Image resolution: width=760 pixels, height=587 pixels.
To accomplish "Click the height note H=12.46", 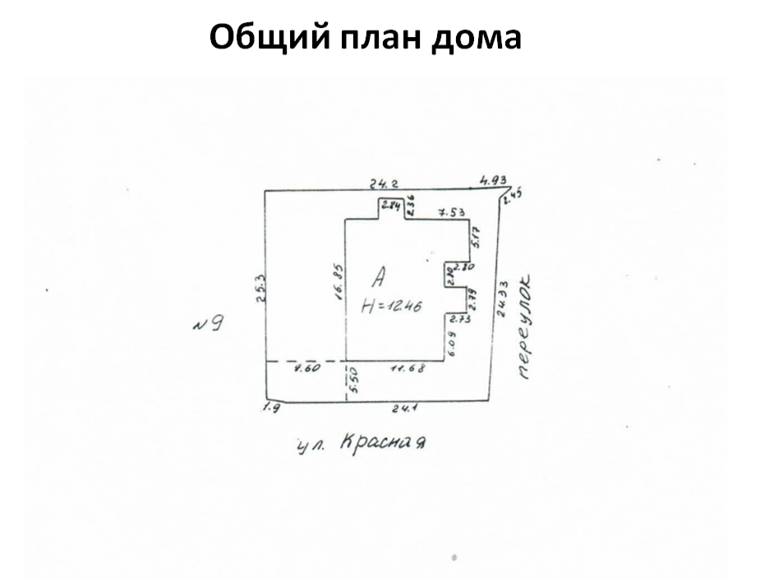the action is point(392,306).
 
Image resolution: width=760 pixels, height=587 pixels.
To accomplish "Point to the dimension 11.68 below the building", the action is point(407,368).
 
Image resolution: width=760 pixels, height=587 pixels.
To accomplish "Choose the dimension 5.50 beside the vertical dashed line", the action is point(355,382).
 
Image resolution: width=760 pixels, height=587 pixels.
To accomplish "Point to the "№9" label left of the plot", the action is point(208,323).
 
